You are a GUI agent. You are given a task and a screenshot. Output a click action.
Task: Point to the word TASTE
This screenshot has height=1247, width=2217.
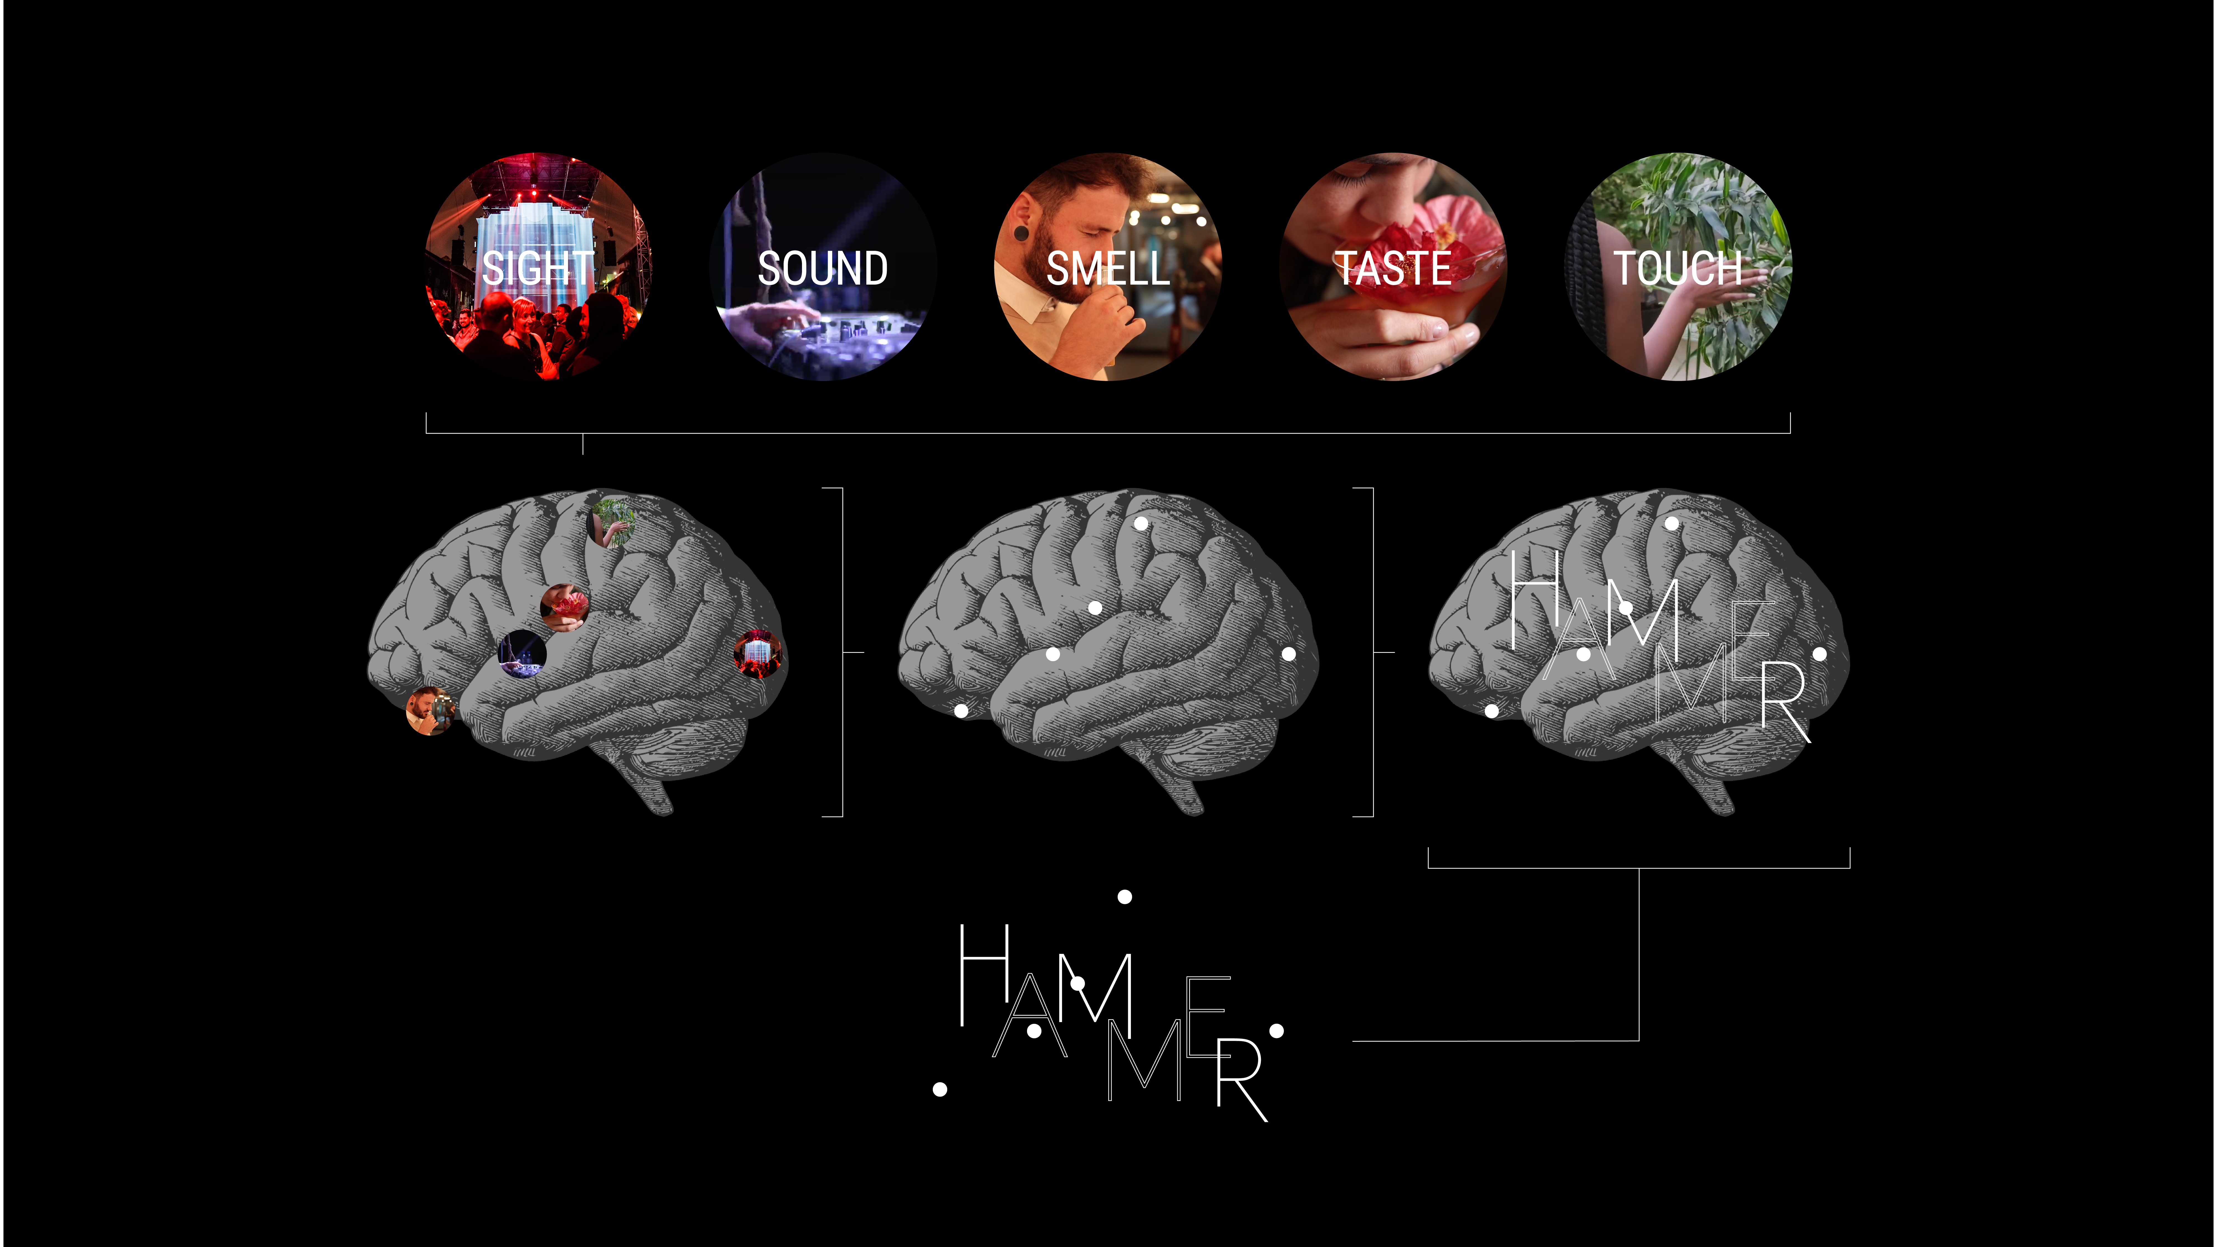click(x=1393, y=268)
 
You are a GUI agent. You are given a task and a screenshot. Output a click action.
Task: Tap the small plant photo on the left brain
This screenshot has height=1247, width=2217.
click(x=612, y=522)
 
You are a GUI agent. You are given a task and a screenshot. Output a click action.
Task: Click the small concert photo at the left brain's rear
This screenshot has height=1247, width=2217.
click(x=757, y=653)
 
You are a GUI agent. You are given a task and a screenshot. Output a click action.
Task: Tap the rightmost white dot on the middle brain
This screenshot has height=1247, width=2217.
click(x=1288, y=654)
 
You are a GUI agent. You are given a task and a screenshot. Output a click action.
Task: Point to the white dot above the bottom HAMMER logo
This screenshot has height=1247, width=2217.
click(x=1124, y=897)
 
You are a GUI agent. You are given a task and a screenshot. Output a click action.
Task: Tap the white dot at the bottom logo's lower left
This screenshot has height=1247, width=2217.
click(x=940, y=1090)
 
